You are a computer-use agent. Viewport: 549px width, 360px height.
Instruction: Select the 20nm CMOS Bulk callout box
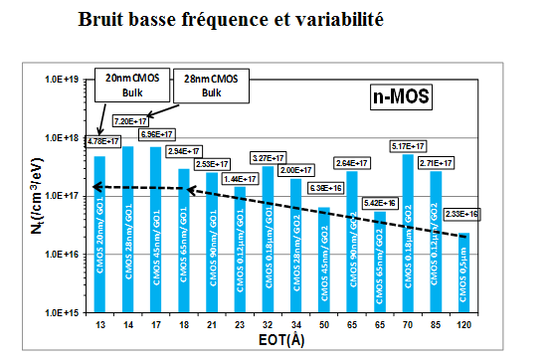click(130, 86)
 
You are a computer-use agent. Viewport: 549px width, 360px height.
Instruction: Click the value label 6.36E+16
click(322, 188)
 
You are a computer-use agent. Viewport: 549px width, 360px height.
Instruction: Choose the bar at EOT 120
click(463, 271)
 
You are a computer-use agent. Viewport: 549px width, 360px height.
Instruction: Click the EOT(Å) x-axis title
click(281, 343)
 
